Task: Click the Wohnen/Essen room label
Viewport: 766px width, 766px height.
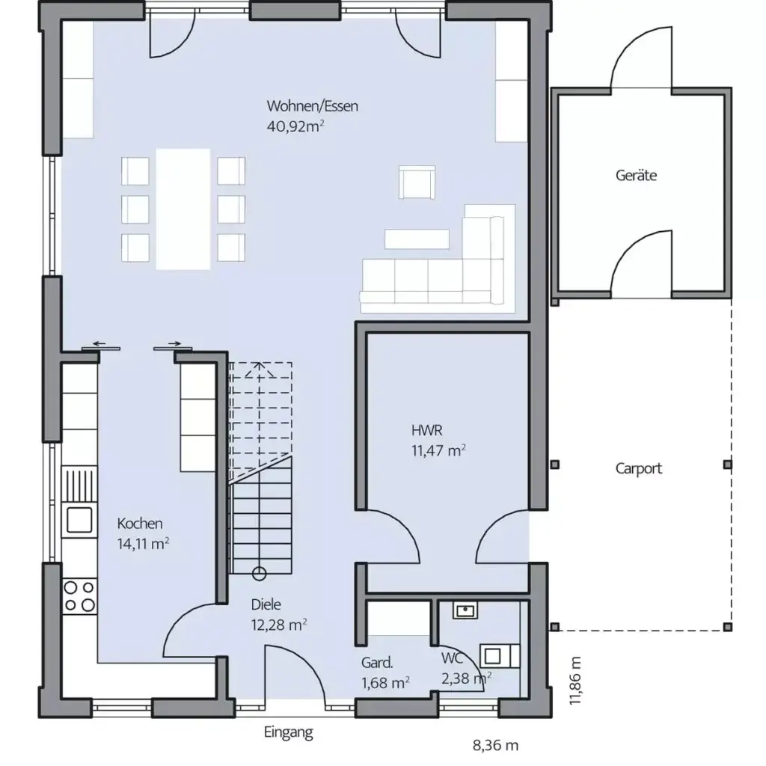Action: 312,106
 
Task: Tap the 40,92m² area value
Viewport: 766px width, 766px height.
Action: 295,126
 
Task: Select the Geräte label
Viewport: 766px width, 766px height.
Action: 636,176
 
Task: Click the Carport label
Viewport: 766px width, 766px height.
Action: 638,469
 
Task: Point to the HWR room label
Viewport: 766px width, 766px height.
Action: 426,430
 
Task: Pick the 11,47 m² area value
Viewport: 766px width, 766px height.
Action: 438,450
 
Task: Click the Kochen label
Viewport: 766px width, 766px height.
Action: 139,524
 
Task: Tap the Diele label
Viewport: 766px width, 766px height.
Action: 266,605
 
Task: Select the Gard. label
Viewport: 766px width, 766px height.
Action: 377,663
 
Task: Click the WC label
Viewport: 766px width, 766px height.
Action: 450,658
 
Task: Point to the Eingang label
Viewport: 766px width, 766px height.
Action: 288,732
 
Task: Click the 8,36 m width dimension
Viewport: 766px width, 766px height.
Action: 495,745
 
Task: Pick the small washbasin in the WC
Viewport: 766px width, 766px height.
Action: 465,611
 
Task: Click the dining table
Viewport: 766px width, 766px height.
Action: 183,209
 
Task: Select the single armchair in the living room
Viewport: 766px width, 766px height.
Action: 417,183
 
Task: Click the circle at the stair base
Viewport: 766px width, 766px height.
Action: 259,574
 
